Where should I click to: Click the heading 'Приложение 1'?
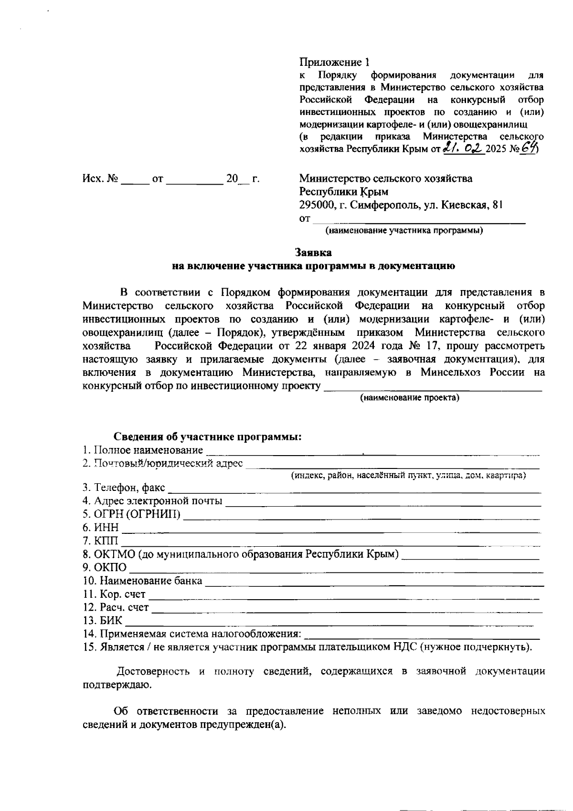pyautogui.click(x=334, y=62)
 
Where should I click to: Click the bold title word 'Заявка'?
pyautogui.click(x=313, y=252)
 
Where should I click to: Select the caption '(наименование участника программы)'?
pyautogui.click(x=404, y=231)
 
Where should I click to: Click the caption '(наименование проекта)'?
pyautogui.click(x=409, y=398)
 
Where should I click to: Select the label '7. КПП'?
pyautogui.click(x=100, y=541)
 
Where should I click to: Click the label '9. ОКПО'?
pyautogui.click(x=105, y=568)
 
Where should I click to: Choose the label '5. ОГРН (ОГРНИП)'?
pyautogui.click(x=132, y=514)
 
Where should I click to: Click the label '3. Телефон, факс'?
pyautogui.click(x=124, y=488)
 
